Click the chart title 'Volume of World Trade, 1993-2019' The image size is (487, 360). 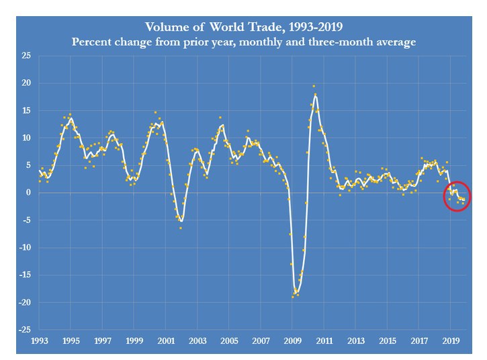(x=243, y=28)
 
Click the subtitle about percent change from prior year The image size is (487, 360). (x=243, y=42)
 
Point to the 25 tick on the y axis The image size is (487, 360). (x=26, y=56)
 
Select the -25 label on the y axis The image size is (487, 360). (x=24, y=330)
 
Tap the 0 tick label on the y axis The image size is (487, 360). (x=28, y=193)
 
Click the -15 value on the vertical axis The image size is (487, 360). (x=24, y=275)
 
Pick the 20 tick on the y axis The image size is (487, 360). (x=26, y=83)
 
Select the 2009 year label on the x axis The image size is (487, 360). (x=292, y=341)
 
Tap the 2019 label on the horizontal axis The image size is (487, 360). (x=450, y=341)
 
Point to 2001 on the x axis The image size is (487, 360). (x=166, y=341)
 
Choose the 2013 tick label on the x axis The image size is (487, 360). (x=355, y=341)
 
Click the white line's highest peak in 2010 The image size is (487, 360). (x=315, y=95)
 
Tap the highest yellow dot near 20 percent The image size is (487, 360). (x=314, y=86)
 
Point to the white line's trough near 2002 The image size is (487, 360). (x=181, y=221)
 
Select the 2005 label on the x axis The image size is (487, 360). (x=229, y=341)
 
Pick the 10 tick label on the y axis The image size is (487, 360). (x=26, y=138)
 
